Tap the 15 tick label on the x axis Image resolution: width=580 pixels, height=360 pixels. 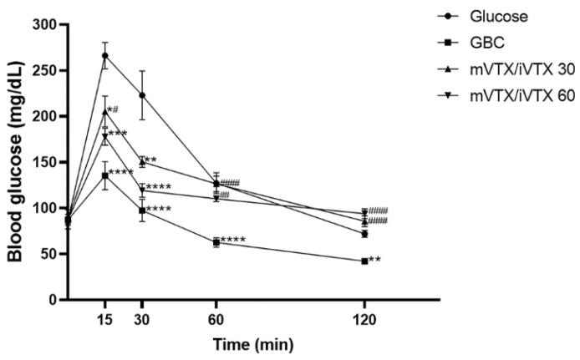click(x=105, y=318)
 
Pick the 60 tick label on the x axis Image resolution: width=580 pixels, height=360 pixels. click(x=216, y=318)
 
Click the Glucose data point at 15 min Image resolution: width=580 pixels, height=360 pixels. click(x=105, y=56)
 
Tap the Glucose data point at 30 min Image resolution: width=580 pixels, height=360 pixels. click(x=142, y=95)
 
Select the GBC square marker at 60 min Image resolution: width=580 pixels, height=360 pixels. click(x=216, y=242)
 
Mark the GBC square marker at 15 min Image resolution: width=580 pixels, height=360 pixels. click(x=105, y=175)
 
